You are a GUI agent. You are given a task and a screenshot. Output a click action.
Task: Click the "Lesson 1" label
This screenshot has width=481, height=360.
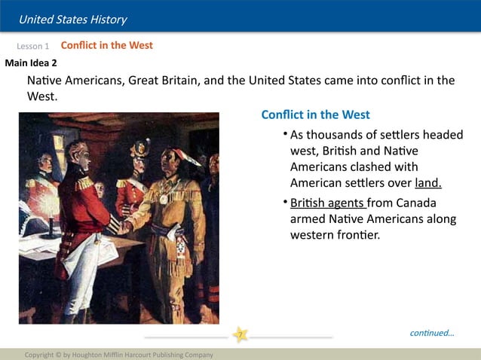point(33,47)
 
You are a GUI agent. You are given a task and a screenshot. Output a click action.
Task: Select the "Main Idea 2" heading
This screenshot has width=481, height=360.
point(31,63)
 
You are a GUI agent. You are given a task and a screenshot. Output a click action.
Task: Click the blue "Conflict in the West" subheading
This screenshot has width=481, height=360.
point(315,114)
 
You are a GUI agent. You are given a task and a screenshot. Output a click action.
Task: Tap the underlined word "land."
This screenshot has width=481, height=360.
point(427,183)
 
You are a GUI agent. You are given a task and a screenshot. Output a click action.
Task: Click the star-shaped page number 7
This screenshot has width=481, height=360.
point(240,334)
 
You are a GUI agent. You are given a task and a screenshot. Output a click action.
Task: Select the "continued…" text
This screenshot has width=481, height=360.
point(432,333)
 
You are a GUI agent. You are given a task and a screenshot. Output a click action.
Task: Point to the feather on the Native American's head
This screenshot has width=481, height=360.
point(189,156)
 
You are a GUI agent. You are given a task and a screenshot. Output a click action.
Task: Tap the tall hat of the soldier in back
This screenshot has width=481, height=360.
point(139,147)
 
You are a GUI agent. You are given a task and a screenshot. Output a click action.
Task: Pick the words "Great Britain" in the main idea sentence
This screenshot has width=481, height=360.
point(164,81)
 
